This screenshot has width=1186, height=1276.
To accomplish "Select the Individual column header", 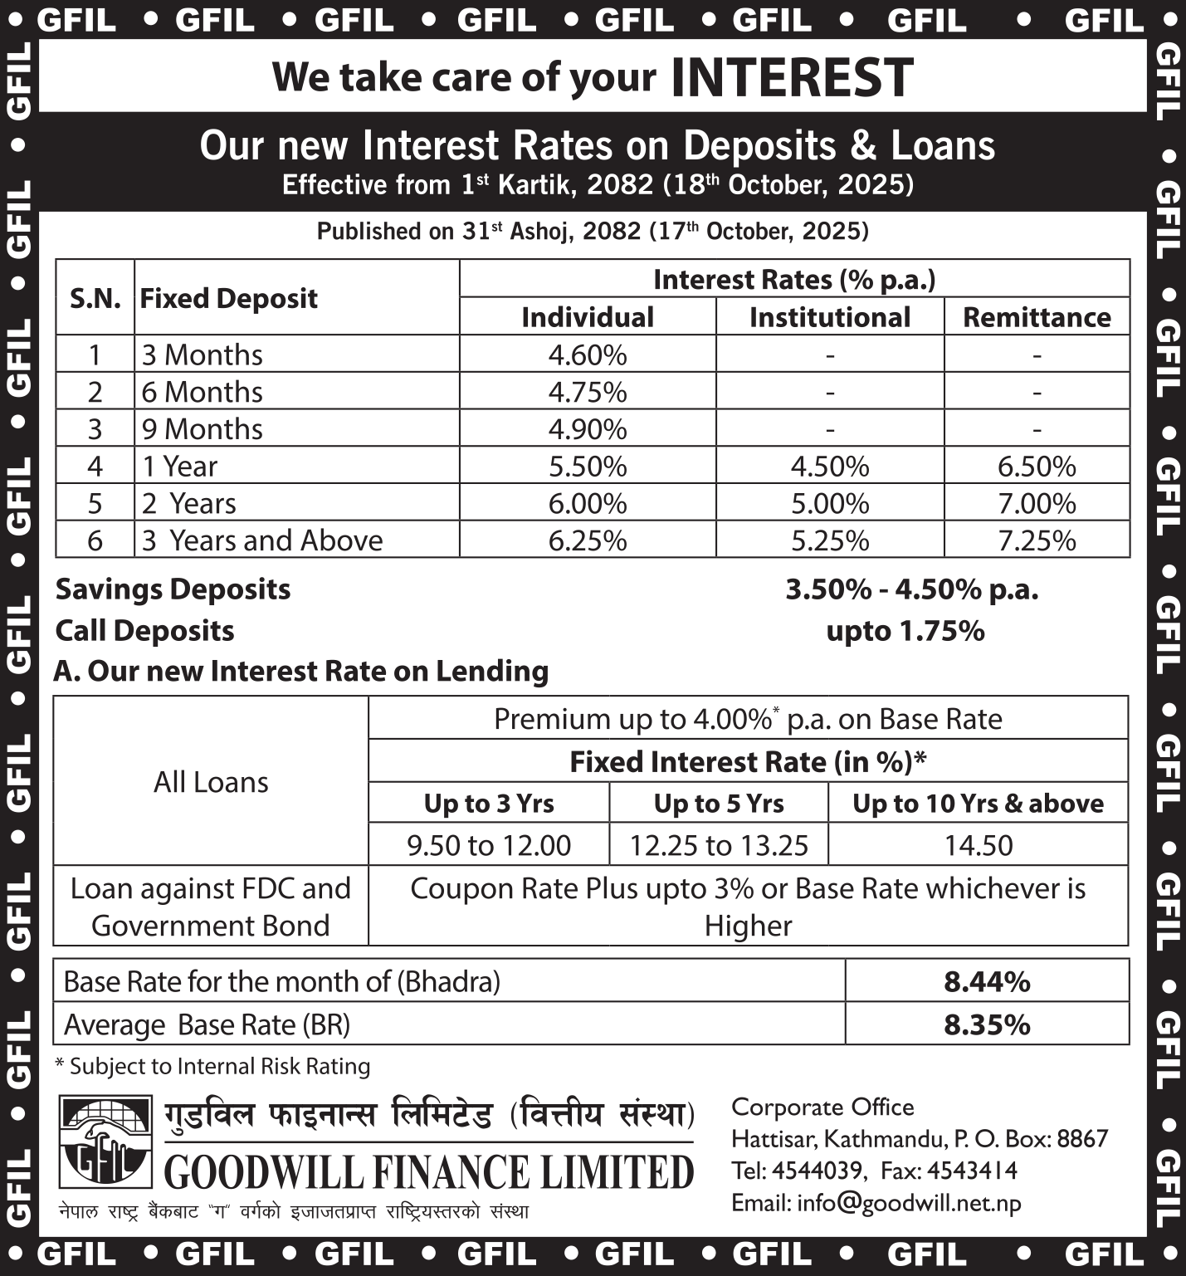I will coord(587,317).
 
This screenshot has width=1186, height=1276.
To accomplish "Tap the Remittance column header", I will coord(1037,317).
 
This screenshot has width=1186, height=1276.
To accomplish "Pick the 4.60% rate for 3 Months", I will coord(587,354).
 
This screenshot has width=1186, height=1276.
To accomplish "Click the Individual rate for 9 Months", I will coord(587,429).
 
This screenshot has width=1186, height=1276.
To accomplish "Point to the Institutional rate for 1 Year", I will coord(829,467).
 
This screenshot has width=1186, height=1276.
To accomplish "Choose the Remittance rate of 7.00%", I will coord(1037,504).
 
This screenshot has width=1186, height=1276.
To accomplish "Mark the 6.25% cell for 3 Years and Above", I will coord(587,541).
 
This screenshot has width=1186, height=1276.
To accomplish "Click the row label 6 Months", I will coord(202,392).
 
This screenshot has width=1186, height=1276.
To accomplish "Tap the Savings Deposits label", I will coord(173,589).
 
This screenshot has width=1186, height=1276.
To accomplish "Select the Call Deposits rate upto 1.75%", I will coord(905,631).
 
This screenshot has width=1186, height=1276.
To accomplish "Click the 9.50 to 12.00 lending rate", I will coord(489,845).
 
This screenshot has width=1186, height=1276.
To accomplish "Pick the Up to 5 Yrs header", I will coord(719,803).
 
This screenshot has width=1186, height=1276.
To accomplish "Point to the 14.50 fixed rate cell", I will coord(979,845).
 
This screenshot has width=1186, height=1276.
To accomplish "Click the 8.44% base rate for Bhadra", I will coord(987,982).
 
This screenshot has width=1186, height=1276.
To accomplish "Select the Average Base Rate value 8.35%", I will coord(987,1024).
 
